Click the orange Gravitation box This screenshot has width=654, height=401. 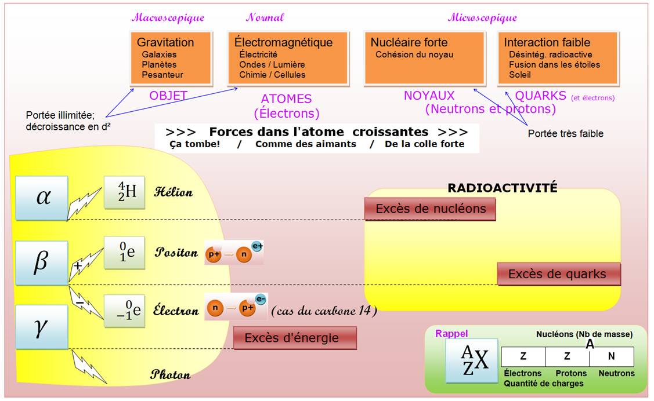(x=170, y=57)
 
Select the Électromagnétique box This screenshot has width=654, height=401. (x=287, y=57)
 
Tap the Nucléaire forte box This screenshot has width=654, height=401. (x=424, y=58)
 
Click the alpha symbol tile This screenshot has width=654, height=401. (x=42, y=198)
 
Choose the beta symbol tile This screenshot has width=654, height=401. (x=42, y=263)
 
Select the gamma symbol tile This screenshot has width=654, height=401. (x=42, y=327)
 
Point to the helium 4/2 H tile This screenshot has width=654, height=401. (x=124, y=192)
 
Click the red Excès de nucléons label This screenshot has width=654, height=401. (x=430, y=209)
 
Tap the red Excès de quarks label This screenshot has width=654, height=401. (x=558, y=274)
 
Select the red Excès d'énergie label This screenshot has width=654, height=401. (x=295, y=338)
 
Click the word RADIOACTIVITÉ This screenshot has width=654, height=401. (x=503, y=188)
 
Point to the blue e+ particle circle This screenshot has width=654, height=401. (x=257, y=246)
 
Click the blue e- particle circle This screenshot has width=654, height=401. (x=261, y=300)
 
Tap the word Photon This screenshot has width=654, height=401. (x=171, y=375)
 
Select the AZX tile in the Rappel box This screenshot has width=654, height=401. (x=471, y=360)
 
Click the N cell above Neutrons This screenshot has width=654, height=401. (x=611, y=357)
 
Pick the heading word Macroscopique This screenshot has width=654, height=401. (x=168, y=17)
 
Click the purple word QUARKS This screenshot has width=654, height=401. (x=540, y=96)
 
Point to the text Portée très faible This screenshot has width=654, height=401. (x=565, y=134)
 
